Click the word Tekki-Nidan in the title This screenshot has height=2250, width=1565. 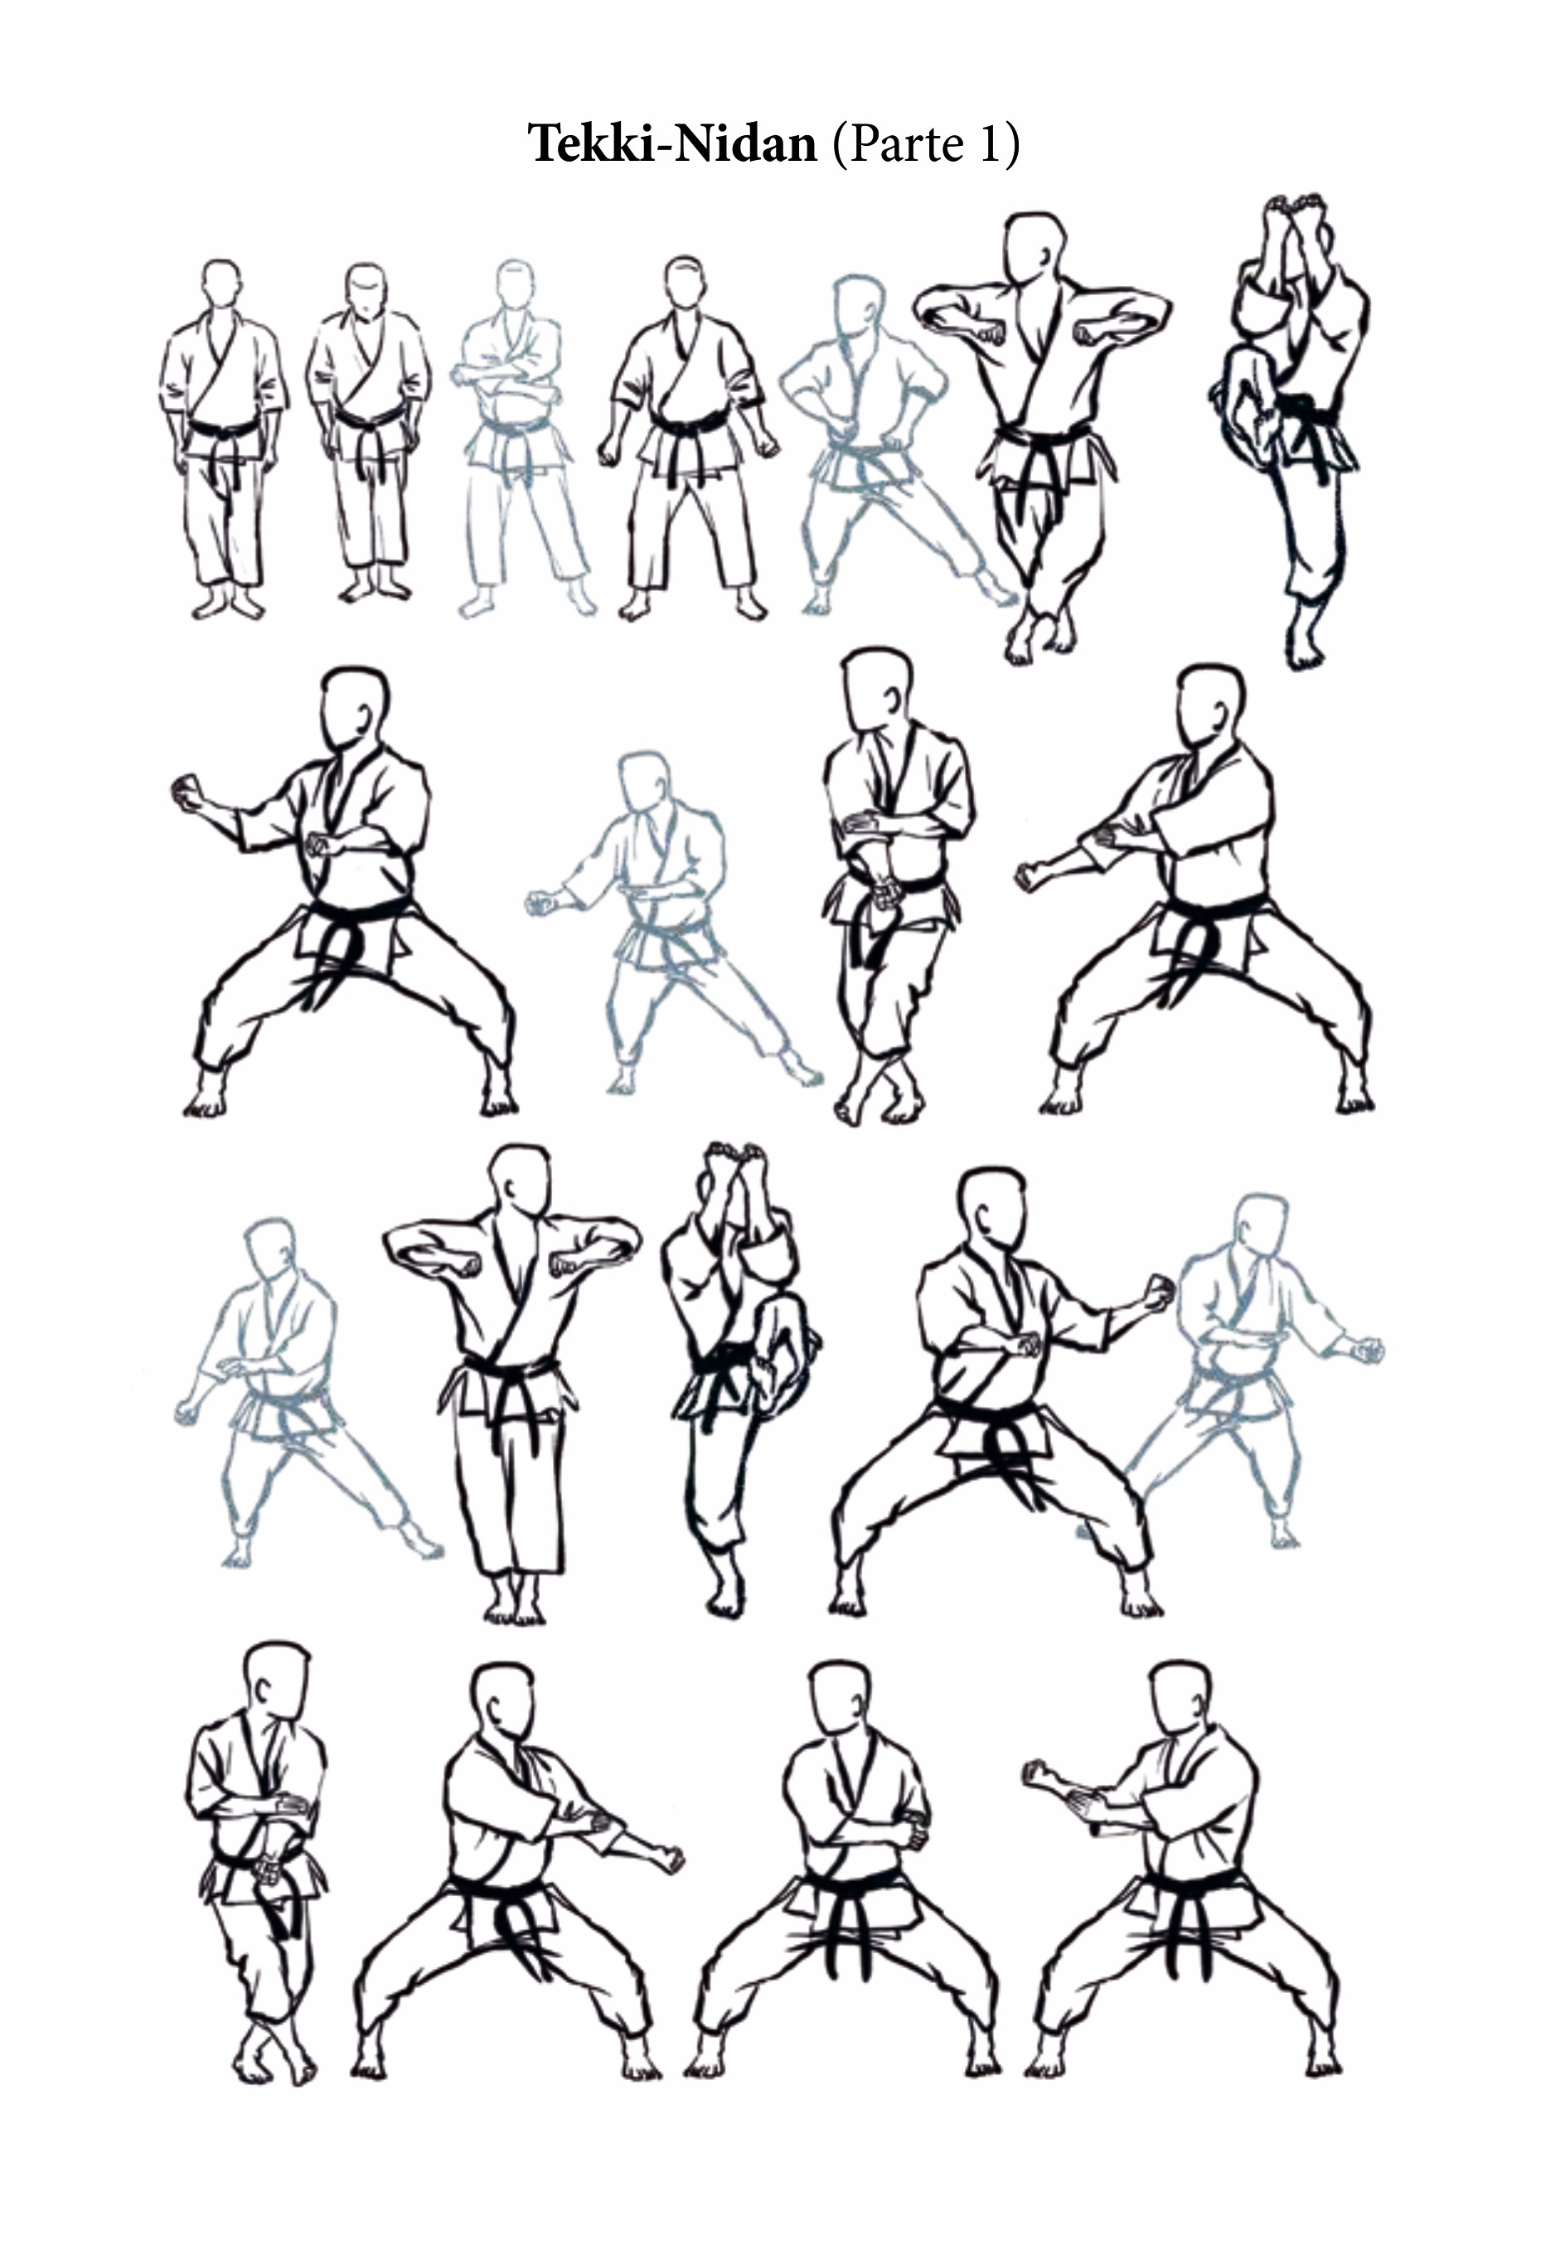(672, 144)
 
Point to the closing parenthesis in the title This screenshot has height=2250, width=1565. (1011, 145)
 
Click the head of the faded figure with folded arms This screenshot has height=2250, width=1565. (516, 284)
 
